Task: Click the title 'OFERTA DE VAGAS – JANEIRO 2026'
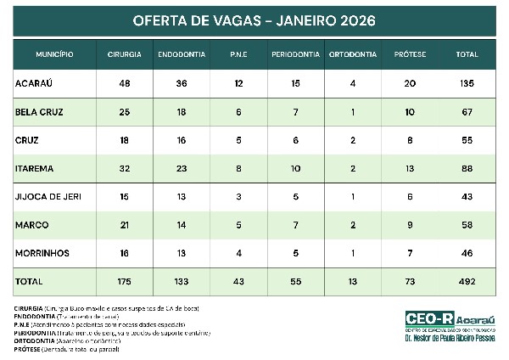[255, 19]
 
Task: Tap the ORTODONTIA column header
[353, 54]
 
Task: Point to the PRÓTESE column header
[411, 54]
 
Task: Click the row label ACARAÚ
[35, 83]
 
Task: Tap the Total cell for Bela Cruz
[467, 112]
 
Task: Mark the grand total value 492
[467, 280]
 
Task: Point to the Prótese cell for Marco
[411, 224]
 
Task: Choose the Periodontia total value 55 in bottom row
[295, 280]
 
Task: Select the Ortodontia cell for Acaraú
[353, 83]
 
